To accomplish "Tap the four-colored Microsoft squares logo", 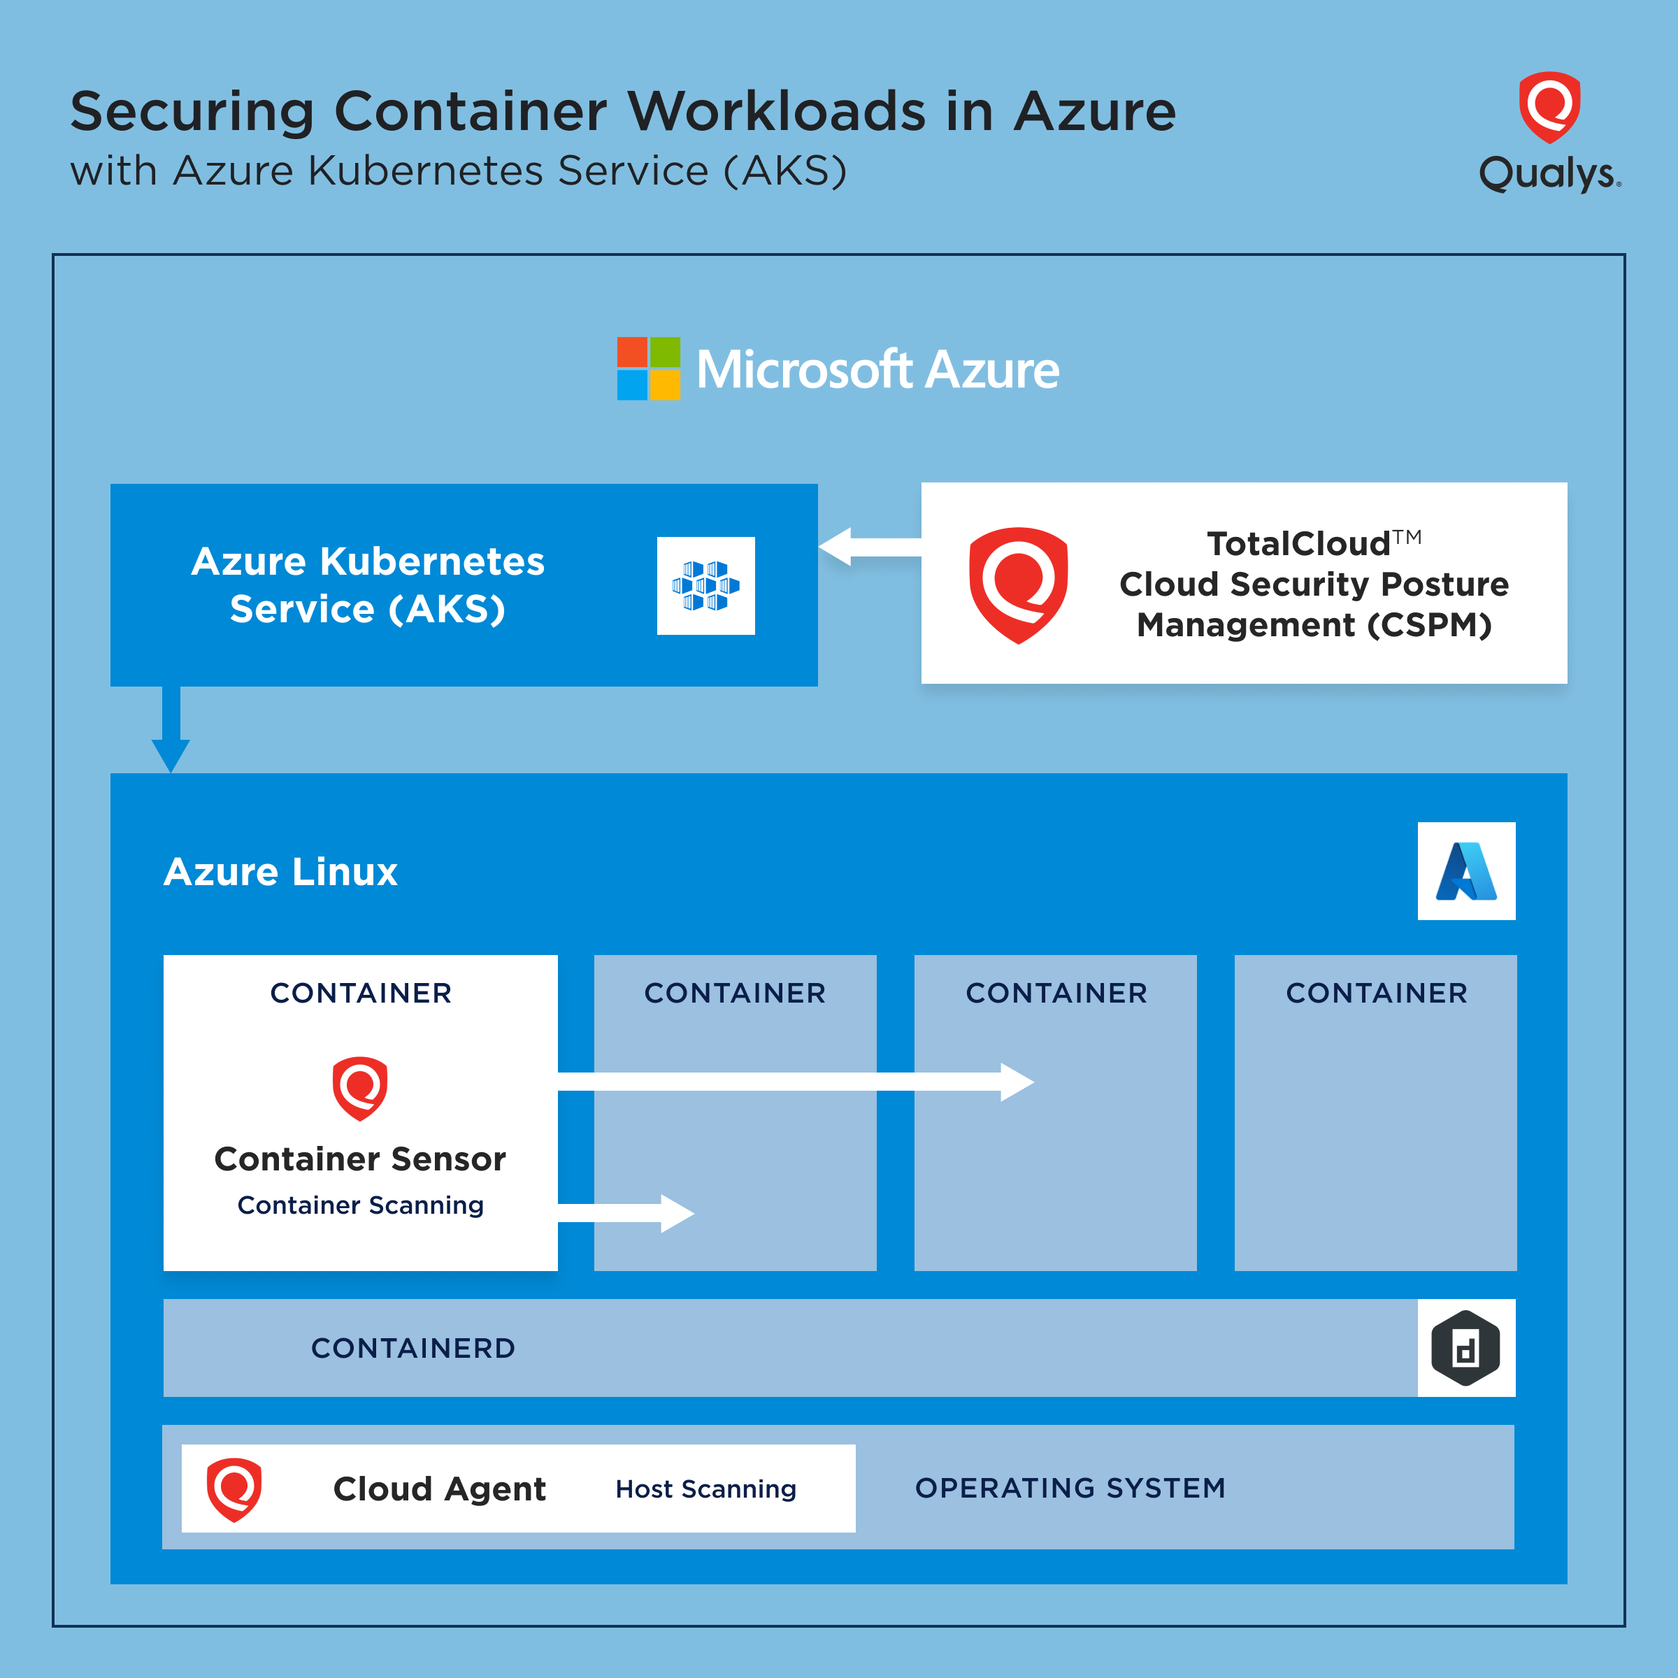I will click(648, 368).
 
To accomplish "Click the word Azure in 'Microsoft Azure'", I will click(992, 370).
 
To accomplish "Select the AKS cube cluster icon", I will click(705, 585).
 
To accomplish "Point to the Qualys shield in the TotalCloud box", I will click(1018, 585).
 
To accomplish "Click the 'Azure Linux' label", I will click(280, 871).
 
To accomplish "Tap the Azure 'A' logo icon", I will click(1465, 871).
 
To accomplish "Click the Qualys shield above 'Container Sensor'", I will click(359, 1087).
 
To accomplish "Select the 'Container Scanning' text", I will click(361, 1205).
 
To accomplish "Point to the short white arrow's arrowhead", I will click(677, 1213).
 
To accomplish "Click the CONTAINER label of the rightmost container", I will click(1376, 993).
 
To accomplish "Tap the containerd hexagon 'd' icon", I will click(1465, 1348).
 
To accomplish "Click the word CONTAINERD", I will click(413, 1348).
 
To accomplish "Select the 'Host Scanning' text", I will click(705, 1489).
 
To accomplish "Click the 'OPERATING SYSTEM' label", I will click(1070, 1488).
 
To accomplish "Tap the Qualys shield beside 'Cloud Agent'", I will click(234, 1489).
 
